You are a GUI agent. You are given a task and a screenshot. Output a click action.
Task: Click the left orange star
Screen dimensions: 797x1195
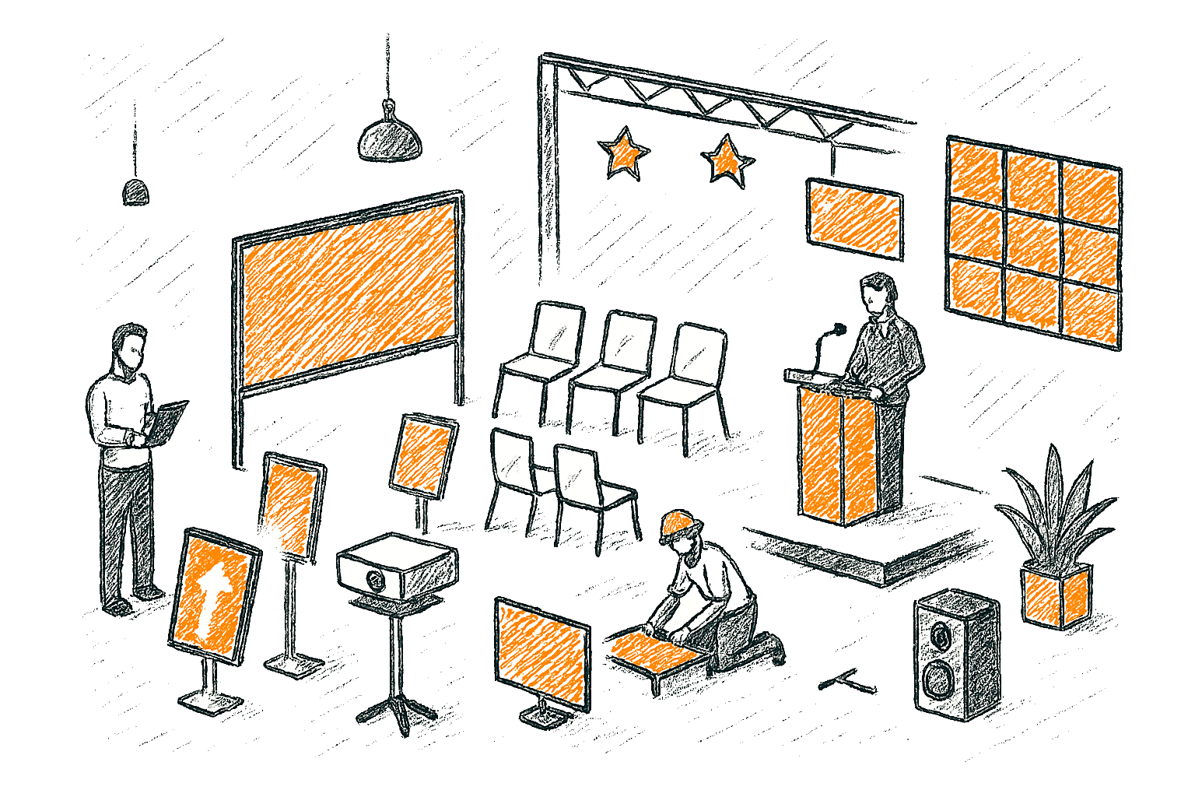[622, 154]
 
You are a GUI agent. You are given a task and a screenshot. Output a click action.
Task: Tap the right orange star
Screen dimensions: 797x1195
[727, 160]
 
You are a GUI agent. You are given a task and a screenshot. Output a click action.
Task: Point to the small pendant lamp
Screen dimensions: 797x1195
[136, 191]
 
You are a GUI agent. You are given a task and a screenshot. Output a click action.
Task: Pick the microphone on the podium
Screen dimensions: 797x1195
[836, 331]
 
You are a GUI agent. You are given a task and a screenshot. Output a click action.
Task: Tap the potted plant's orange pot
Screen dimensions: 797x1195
[1056, 593]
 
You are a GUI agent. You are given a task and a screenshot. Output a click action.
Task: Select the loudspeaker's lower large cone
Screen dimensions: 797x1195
[940, 679]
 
